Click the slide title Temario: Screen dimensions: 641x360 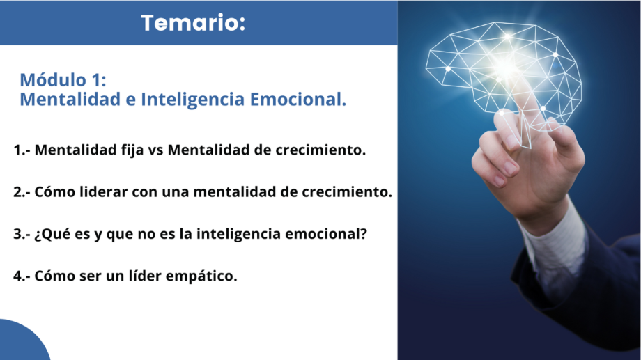(x=193, y=23)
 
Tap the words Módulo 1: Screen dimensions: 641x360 (x=63, y=79)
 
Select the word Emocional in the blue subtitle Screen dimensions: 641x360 (x=298, y=100)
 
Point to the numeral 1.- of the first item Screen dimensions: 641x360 (x=22, y=150)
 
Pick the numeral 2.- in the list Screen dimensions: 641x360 (x=22, y=192)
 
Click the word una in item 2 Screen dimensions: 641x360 (x=176, y=193)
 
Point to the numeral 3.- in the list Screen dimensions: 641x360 (x=22, y=234)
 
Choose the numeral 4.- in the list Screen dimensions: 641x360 (x=22, y=276)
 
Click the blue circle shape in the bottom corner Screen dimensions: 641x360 (x=20, y=343)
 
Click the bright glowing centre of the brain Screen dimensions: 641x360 (x=505, y=65)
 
